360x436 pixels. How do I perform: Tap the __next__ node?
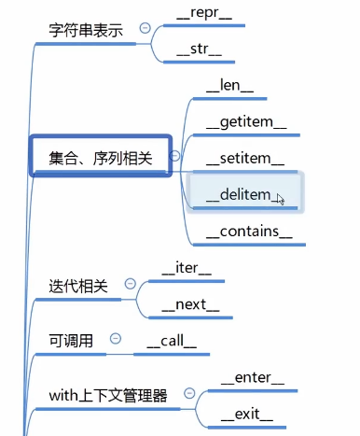190,303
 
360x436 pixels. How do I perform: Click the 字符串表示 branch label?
86,29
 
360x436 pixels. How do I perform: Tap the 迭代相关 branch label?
78,286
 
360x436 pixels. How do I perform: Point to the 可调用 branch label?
71,341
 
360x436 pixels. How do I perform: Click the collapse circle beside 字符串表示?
145,28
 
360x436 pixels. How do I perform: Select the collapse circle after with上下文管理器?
189,394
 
